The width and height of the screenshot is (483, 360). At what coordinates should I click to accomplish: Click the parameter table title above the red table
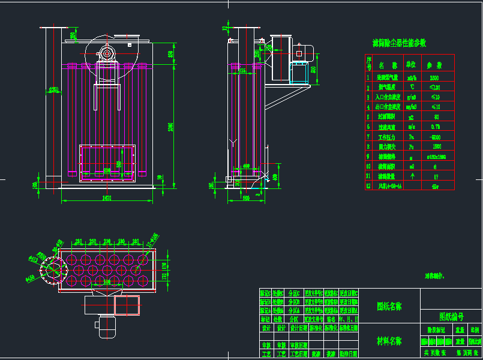tap(399, 43)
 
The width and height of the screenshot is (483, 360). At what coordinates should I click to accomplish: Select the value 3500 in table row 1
tap(434, 78)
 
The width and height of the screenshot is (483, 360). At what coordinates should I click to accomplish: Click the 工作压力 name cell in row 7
tap(389, 137)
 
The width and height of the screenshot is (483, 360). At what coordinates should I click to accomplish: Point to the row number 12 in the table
tap(368, 186)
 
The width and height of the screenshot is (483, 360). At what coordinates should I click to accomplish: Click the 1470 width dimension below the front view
tap(107, 197)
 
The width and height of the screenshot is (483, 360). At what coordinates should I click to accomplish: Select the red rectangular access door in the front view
tap(108, 162)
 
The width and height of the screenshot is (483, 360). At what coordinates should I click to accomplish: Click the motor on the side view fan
tap(304, 52)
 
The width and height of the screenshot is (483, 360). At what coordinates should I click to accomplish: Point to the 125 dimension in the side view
tap(242, 71)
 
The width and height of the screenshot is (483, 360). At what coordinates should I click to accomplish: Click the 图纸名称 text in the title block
tap(389, 306)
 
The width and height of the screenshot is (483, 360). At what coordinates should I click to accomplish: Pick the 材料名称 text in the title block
tap(389, 341)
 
